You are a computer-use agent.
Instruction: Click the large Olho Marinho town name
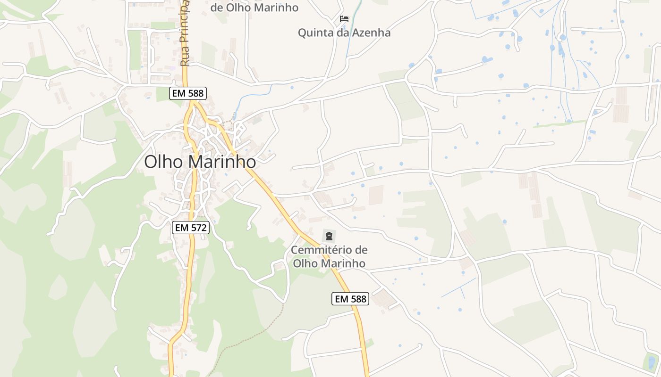(200, 162)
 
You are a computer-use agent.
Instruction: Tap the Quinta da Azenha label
(344, 33)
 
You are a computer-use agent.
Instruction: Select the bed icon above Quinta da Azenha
(344, 19)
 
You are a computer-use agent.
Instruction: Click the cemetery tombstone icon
(329, 236)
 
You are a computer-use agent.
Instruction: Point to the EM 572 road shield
(191, 228)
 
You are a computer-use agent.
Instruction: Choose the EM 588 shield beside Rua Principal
(188, 93)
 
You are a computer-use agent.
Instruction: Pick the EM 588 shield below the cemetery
(350, 298)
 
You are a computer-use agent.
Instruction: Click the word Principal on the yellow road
(185, 19)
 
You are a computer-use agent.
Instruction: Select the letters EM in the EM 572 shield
(182, 228)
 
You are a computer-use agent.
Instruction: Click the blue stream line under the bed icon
(349, 42)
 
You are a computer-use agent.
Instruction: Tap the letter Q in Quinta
(302, 33)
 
